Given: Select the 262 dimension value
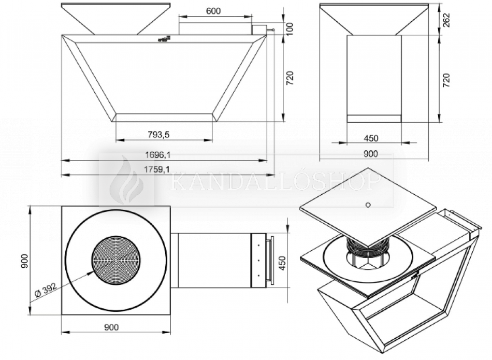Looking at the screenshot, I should click(446, 19).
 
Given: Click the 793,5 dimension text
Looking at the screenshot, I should click(159, 135).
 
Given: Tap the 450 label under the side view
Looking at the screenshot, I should click(371, 138).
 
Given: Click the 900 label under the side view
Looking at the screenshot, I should click(371, 153).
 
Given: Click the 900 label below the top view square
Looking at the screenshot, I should click(111, 327).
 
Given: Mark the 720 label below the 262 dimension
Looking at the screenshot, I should click(446, 79).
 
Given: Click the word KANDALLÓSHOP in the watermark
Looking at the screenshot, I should click(274, 181).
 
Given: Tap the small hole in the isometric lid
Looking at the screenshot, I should click(368, 205).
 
